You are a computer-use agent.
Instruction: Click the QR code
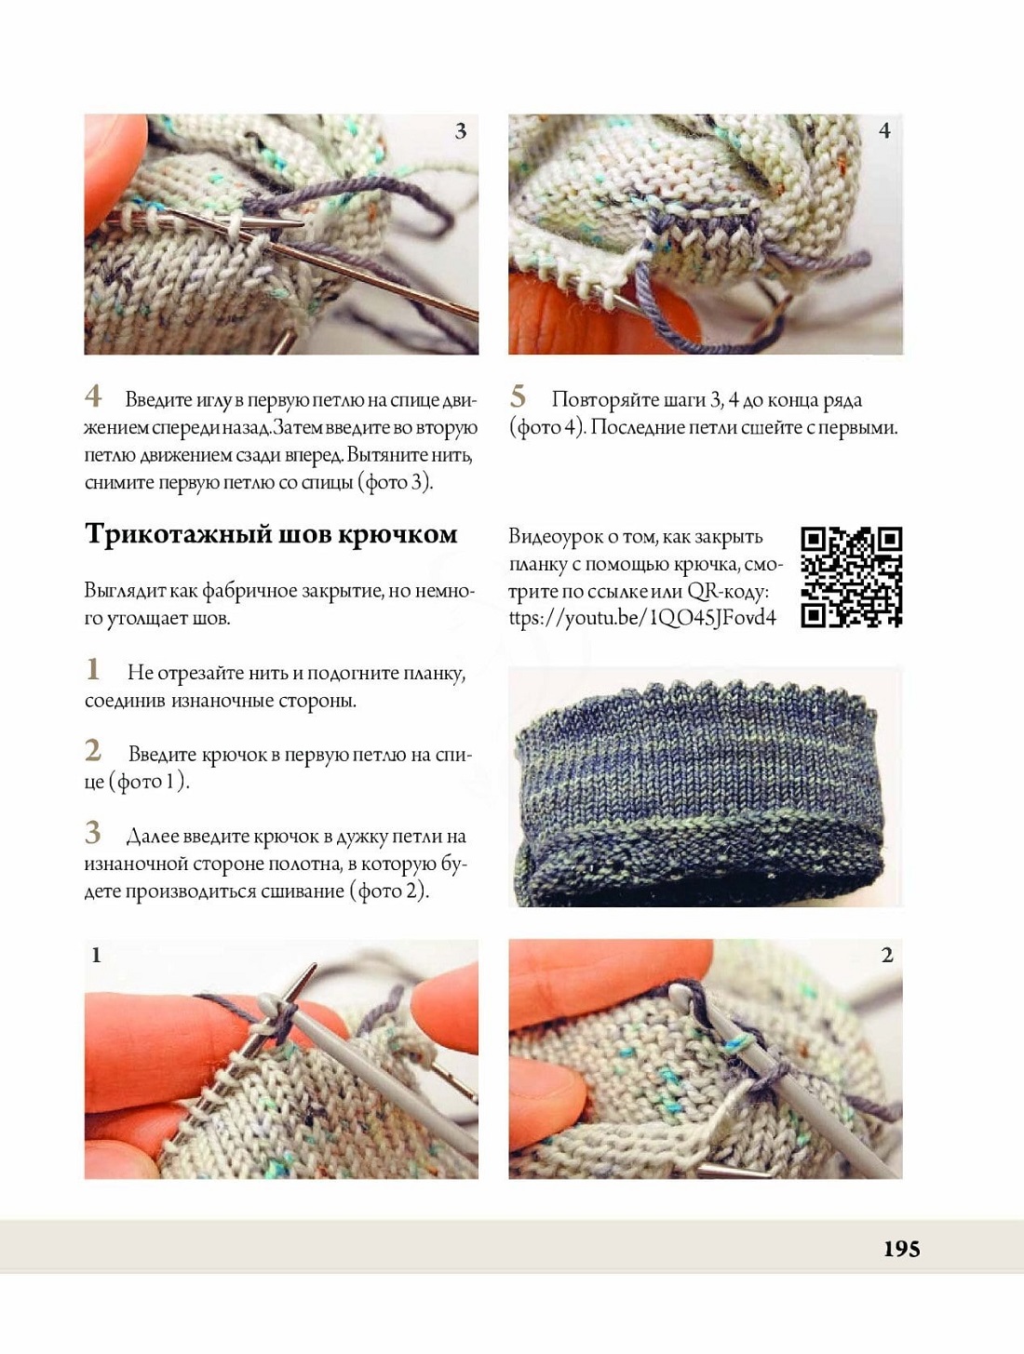[851, 577]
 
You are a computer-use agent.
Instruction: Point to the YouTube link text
[642, 618]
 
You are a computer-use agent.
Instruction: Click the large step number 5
[518, 396]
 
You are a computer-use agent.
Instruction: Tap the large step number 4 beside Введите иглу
[93, 396]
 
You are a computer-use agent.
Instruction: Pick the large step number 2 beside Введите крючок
[93, 750]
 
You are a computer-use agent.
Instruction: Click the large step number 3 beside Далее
[93, 832]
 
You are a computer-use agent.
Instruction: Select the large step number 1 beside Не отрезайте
[93, 669]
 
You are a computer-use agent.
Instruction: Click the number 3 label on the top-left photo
[460, 131]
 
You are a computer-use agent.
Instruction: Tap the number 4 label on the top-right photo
[884, 131]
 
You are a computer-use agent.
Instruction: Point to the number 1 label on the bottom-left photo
[96, 956]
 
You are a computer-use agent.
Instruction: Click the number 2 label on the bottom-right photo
[887, 956]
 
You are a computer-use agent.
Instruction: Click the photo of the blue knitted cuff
[705, 786]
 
